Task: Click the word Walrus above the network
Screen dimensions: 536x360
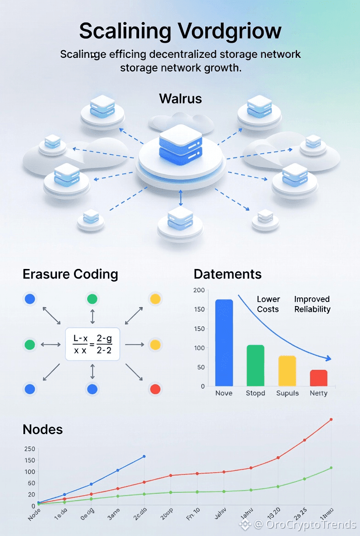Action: [x=180, y=99]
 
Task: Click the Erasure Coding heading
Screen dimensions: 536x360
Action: [x=70, y=274]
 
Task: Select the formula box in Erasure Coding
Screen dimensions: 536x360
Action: [x=92, y=344]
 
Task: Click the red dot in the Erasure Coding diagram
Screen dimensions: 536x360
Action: [x=155, y=389]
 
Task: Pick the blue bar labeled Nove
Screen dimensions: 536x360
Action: [x=224, y=342]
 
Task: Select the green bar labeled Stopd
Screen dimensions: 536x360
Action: [x=255, y=365]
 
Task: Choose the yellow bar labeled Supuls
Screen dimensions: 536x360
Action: [x=287, y=371]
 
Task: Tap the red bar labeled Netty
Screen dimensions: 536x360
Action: [x=319, y=378]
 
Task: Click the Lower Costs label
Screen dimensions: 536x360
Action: [x=268, y=304]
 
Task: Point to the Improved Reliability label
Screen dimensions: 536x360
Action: [x=312, y=304]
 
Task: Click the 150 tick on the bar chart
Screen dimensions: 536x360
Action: [x=199, y=309]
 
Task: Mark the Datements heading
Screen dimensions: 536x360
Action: [x=228, y=274]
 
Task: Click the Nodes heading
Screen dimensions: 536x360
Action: [x=43, y=430]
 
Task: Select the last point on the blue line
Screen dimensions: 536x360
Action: [x=144, y=456]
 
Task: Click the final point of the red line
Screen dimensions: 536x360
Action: [x=331, y=419]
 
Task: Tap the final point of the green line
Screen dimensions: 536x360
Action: [x=331, y=468]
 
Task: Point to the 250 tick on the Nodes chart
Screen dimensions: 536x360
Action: [x=29, y=449]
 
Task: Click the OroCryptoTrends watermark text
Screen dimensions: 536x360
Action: [x=305, y=524]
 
